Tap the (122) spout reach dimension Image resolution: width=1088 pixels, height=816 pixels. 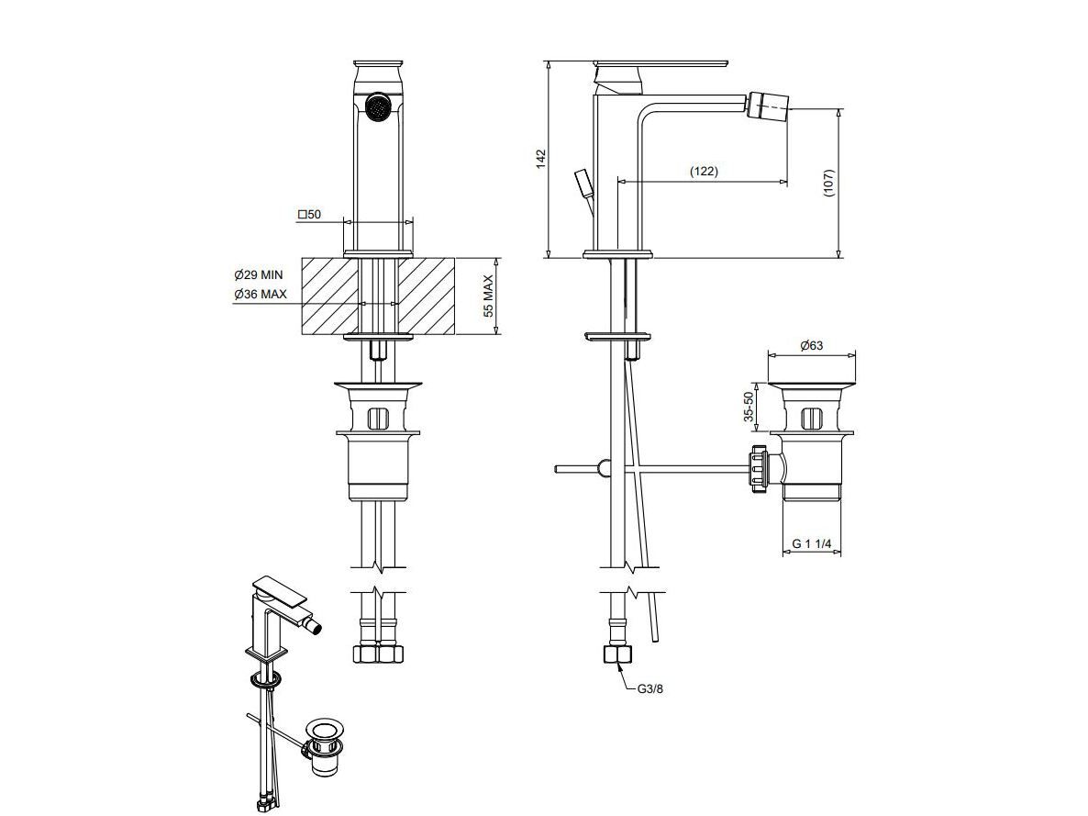(x=704, y=171)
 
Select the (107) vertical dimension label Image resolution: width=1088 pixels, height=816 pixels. (x=829, y=184)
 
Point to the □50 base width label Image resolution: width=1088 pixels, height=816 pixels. (x=309, y=215)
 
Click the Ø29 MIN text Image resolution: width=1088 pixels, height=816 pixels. (x=259, y=275)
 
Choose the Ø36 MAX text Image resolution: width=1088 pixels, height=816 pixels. (x=261, y=294)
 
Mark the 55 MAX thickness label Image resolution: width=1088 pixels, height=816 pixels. (x=488, y=296)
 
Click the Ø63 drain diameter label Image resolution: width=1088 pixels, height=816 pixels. (x=811, y=345)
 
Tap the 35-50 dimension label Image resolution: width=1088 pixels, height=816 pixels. (x=748, y=407)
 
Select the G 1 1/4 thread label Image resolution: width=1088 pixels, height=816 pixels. (x=812, y=543)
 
